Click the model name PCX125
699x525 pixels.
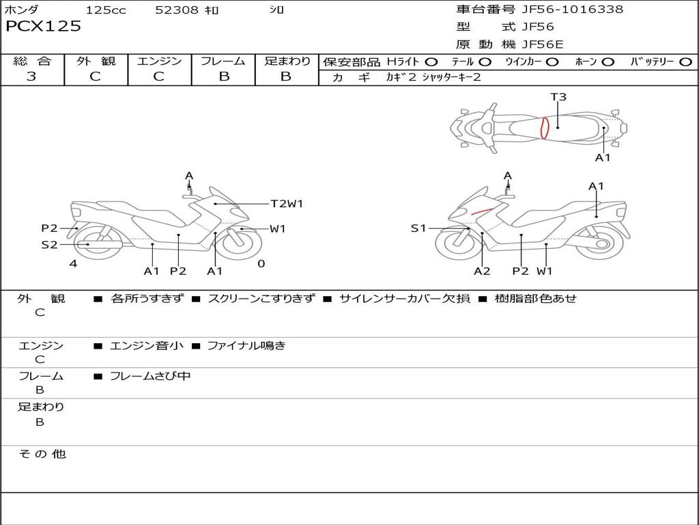coord(43,27)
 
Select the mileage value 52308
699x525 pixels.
coord(177,10)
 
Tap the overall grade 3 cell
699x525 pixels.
coord(31,77)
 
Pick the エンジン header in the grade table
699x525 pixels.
coord(159,62)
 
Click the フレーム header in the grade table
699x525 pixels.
coord(223,62)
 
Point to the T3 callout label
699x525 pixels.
coord(558,97)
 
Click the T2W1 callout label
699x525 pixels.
coord(287,204)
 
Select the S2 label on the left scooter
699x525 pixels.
coord(49,244)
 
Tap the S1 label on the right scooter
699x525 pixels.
coord(418,228)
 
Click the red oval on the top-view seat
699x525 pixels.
coord(545,128)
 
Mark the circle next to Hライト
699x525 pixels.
coord(431,62)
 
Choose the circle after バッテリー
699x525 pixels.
coord(685,62)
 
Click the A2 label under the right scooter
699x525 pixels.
coord(482,271)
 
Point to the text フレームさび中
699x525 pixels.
coord(150,376)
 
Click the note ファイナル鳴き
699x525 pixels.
coord(246,346)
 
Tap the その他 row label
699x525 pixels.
coord(42,454)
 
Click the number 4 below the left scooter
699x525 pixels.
coord(73,264)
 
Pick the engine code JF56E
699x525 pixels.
coord(542,44)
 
